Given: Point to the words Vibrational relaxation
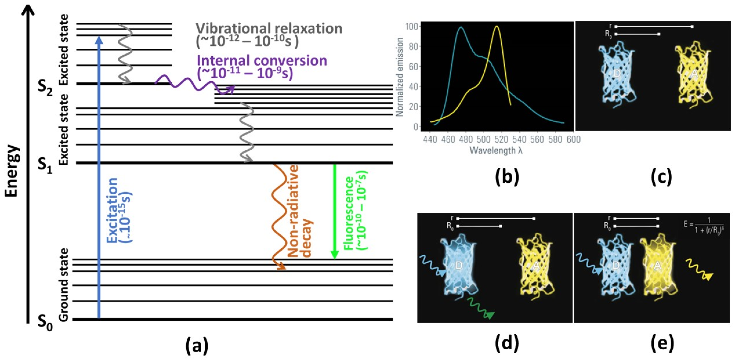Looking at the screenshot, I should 269,29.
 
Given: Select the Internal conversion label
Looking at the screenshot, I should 262,61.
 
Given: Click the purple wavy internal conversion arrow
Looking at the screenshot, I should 194,84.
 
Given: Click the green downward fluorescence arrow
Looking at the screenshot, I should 334,211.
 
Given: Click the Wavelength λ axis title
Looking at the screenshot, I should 496,150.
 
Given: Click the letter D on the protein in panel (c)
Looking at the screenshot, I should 617,74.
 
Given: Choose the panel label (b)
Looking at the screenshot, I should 507,177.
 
